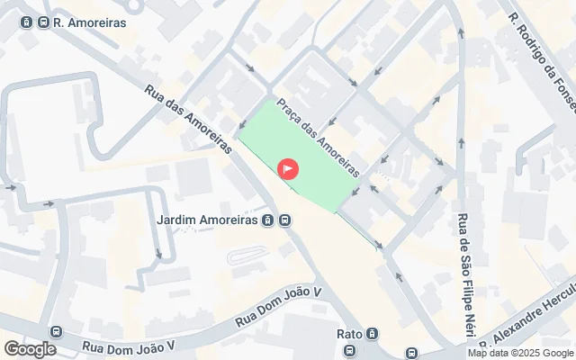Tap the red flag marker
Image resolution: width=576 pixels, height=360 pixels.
tap(288, 168)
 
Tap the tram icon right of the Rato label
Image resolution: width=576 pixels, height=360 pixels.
tap(373, 334)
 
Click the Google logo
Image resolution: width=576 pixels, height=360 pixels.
tap(30, 349)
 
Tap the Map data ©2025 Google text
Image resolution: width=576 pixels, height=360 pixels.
tap(520, 354)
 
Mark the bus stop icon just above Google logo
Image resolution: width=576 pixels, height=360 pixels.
tap(56, 331)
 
